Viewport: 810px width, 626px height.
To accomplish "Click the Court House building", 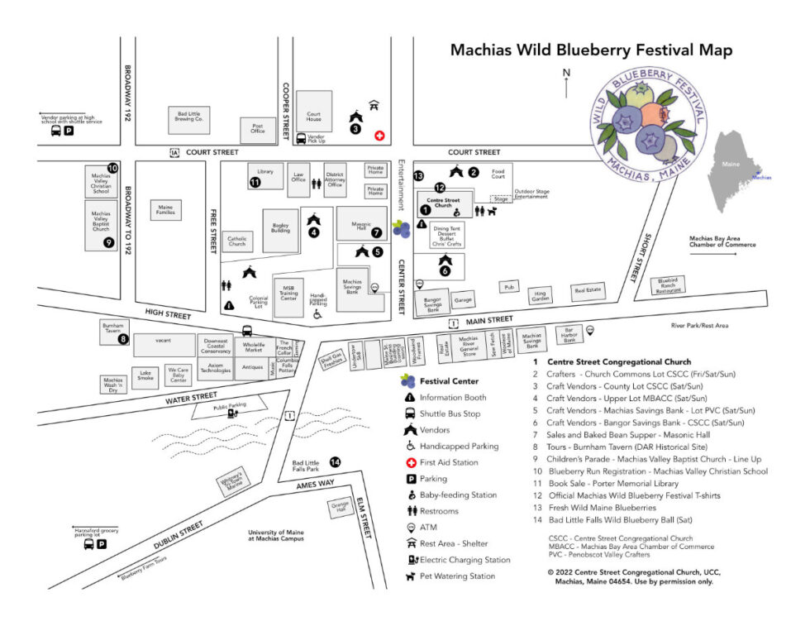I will (x=314, y=112).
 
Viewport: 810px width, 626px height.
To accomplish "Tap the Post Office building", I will (x=257, y=128).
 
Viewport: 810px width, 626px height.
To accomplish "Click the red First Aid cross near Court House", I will (x=379, y=135).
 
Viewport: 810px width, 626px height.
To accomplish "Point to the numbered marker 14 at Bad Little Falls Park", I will (x=335, y=462).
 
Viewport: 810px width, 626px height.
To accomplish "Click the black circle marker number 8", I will (x=123, y=338).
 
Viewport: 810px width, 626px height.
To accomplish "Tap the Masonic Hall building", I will (x=361, y=223).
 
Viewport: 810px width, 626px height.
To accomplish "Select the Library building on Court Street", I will (x=265, y=174).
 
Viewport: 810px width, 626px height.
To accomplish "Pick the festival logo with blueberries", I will (x=650, y=124).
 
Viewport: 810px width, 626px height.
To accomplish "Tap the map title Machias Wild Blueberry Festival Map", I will (x=591, y=50).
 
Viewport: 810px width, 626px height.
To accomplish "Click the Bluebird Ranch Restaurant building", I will (x=667, y=285).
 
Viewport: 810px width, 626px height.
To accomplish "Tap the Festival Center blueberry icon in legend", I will (x=407, y=381).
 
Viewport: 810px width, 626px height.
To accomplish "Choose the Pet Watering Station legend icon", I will (x=407, y=576).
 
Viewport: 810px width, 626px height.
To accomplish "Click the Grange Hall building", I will (x=341, y=508).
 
